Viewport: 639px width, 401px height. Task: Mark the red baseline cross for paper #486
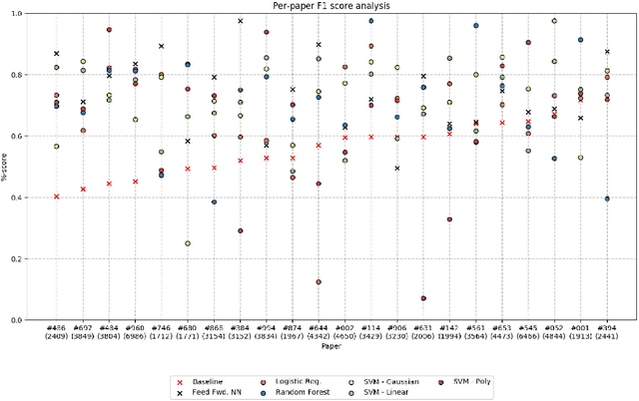[57, 197]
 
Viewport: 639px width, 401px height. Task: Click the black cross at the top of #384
[241, 21]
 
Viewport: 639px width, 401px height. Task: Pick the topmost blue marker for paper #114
[371, 21]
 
